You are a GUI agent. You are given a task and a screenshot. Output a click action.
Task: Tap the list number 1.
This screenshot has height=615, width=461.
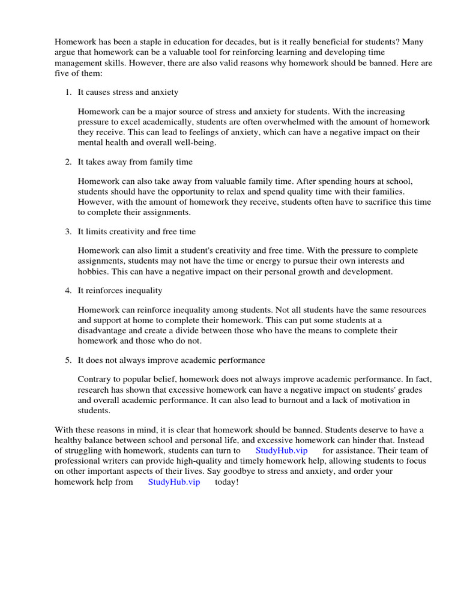[x=68, y=92]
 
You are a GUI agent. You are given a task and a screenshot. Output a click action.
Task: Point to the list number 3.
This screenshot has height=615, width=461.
[x=68, y=231]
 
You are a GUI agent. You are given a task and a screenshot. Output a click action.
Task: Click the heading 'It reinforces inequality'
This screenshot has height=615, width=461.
[x=120, y=291]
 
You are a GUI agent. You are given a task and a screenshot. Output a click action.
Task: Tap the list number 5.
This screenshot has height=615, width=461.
[x=68, y=360]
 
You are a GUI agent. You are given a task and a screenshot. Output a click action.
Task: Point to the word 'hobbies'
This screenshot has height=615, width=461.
[x=92, y=271]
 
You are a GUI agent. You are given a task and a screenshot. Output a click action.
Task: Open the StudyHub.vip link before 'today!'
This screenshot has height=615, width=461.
[x=174, y=482]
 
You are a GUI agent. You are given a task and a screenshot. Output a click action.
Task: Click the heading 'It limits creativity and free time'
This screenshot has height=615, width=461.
[x=136, y=231]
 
